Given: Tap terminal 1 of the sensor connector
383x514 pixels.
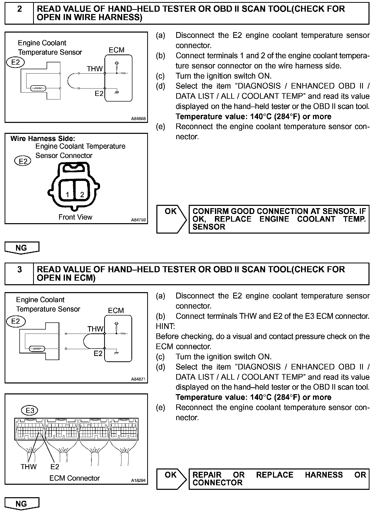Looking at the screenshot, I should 67,195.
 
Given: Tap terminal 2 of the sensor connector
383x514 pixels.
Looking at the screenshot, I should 82,195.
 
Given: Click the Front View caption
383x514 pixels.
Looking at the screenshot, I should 75,217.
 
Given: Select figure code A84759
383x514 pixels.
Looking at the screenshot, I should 138,220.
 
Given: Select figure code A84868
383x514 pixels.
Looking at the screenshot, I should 138,119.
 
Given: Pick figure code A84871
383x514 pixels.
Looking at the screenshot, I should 138,379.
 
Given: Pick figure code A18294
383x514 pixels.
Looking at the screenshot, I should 138,481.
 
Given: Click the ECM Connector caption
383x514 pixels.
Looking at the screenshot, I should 74,478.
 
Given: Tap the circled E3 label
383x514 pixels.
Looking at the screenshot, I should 30,410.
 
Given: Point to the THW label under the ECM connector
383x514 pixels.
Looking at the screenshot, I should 29,467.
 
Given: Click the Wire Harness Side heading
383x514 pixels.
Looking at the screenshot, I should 43,139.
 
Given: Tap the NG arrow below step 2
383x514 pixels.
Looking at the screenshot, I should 22,248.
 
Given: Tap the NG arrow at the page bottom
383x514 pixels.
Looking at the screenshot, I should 22,504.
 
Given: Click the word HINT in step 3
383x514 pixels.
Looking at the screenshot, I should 165,326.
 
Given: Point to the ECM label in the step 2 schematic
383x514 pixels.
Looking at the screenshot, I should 116,50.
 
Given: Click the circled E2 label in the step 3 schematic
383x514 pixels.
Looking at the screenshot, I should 16,321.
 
